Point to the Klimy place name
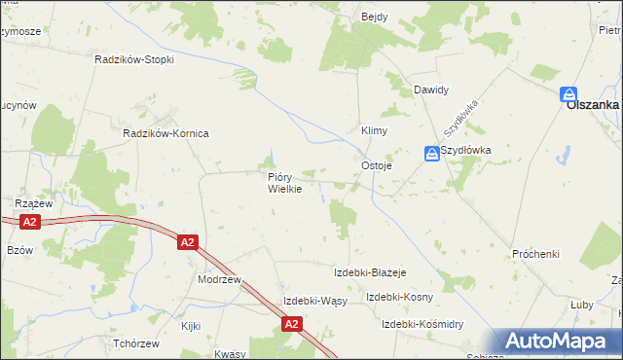pos(375,130)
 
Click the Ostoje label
pos(377,165)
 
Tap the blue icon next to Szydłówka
pos(431,153)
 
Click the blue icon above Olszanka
pos(568,94)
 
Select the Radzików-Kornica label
pos(165,133)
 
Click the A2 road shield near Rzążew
pos(30,222)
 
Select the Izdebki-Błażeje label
pos(369,272)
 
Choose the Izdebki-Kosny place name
pos(399,297)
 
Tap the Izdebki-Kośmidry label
pos(422,323)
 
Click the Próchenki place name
pos(536,254)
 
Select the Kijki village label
pos(190,326)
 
